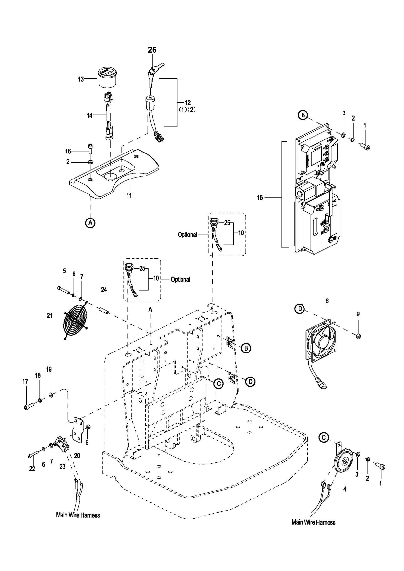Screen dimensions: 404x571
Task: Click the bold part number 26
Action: [x=152, y=50]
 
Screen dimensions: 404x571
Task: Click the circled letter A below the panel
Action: [x=90, y=223]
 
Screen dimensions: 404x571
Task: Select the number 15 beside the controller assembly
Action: [x=260, y=198]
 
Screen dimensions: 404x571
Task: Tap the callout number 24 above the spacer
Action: [x=104, y=290]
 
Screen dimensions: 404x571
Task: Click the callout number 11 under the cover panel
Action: [x=129, y=196]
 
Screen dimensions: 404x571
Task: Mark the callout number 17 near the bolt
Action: [x=25, y=382]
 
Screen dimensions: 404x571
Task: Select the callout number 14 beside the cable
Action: [x=89, y=115]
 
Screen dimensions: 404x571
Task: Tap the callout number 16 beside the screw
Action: [x=68, y=151]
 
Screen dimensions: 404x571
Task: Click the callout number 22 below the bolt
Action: [x=32, y=469]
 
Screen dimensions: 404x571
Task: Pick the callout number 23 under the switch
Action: [x=62, y=466]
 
